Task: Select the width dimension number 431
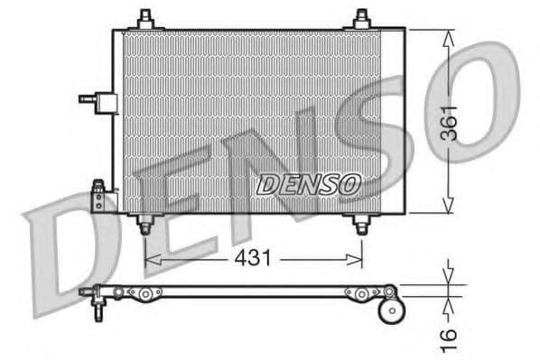[254, 259]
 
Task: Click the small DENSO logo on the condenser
[309, 184]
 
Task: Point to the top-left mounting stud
[144, 19]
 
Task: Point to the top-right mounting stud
[361, 19]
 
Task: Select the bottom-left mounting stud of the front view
[144, 224]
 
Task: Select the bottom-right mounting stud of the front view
[361, 224]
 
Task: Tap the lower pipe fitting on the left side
[98, 196]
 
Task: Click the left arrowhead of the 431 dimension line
[150, 259]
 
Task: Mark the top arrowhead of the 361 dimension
[449, 34]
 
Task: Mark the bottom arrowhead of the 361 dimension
[449, 208]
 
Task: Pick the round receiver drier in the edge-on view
[392, 309]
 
